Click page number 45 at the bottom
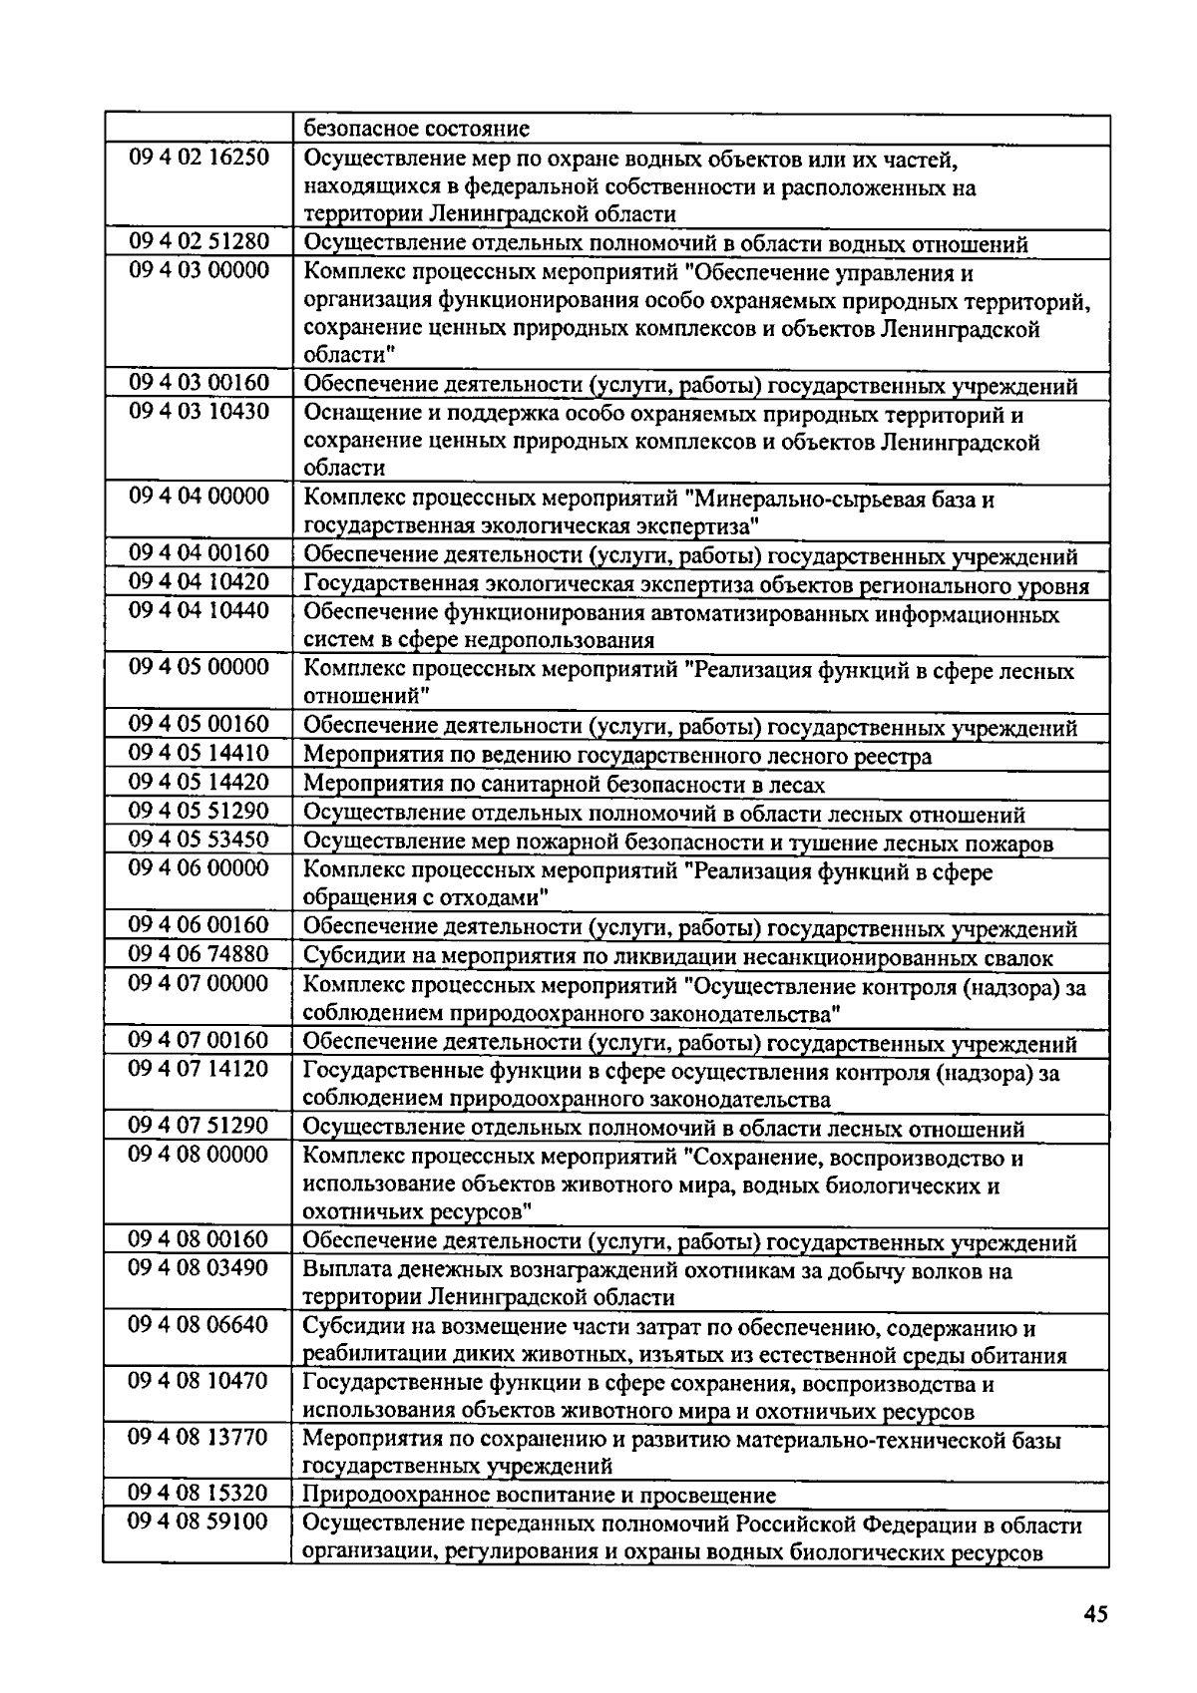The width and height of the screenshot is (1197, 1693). pyautogui.click(x=1094, y=1616)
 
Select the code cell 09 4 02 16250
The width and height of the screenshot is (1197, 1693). pyautogui.click(x=199, y=158)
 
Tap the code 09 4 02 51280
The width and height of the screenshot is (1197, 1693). pyautogui.click(x=199, y=242)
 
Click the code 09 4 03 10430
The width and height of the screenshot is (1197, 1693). pyautogui.click(x=199, y=411)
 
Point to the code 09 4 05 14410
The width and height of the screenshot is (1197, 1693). pyautogui.click(x=199, y=753)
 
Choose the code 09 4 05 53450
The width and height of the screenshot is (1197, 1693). pyautogui.click(x=199, y=840)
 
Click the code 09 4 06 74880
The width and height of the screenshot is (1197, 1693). pyautogui.click(x=199, y=954)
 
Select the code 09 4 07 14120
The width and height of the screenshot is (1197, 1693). pyautogui.click(x=199, y=1069)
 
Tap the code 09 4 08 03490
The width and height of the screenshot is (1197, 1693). pyautogui.click(x=199, y=1267)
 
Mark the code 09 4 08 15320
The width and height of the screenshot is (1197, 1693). pyautogui.click(x=199, y=1493)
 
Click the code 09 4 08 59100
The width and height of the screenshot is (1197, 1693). pyautogui.click(x=199, y=1522)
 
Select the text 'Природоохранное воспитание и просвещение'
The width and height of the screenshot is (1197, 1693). pyautogui.click(x=539, y=1496)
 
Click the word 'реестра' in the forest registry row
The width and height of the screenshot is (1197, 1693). pyautogui.click(x=895, y=757)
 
